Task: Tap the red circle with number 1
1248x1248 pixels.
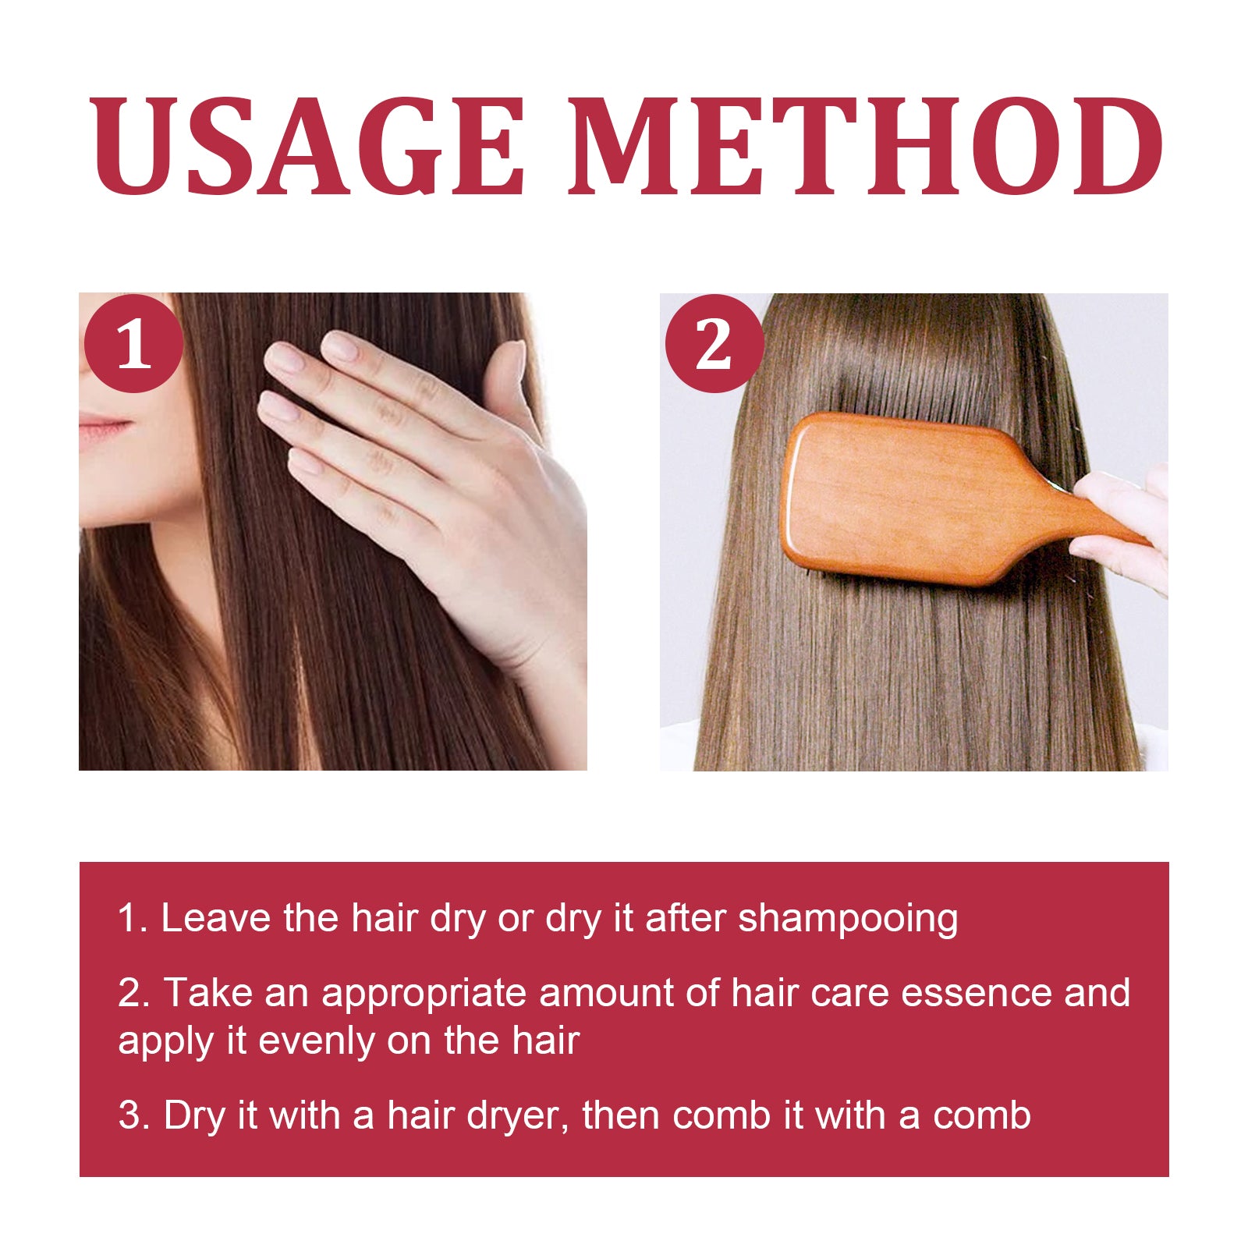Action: point(133,344)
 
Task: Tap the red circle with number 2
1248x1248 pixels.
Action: point(714,344)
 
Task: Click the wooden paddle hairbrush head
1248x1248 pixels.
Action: point(905,499)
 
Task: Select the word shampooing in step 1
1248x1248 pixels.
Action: point(848,919)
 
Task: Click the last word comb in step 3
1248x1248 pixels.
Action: point(982,1115)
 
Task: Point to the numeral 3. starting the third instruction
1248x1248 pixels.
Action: point(133,1115)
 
